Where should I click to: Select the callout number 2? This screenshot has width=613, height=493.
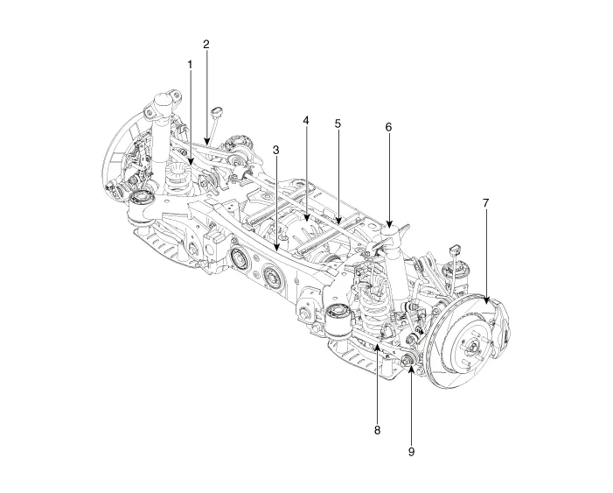pos(206,43)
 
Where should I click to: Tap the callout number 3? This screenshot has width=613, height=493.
pos(276,150)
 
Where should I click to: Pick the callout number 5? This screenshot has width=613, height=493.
pos(337,123)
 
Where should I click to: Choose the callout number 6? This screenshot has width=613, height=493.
pos(388,126)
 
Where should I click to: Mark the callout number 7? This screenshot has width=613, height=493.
pos(486,202)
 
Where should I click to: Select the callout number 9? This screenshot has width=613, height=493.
pos(411,452)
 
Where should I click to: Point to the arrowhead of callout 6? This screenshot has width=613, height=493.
pos(388,229)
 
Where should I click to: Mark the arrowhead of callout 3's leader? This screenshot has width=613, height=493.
pos(276,255)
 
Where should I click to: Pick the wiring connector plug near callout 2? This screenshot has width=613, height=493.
pos(217,112)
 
